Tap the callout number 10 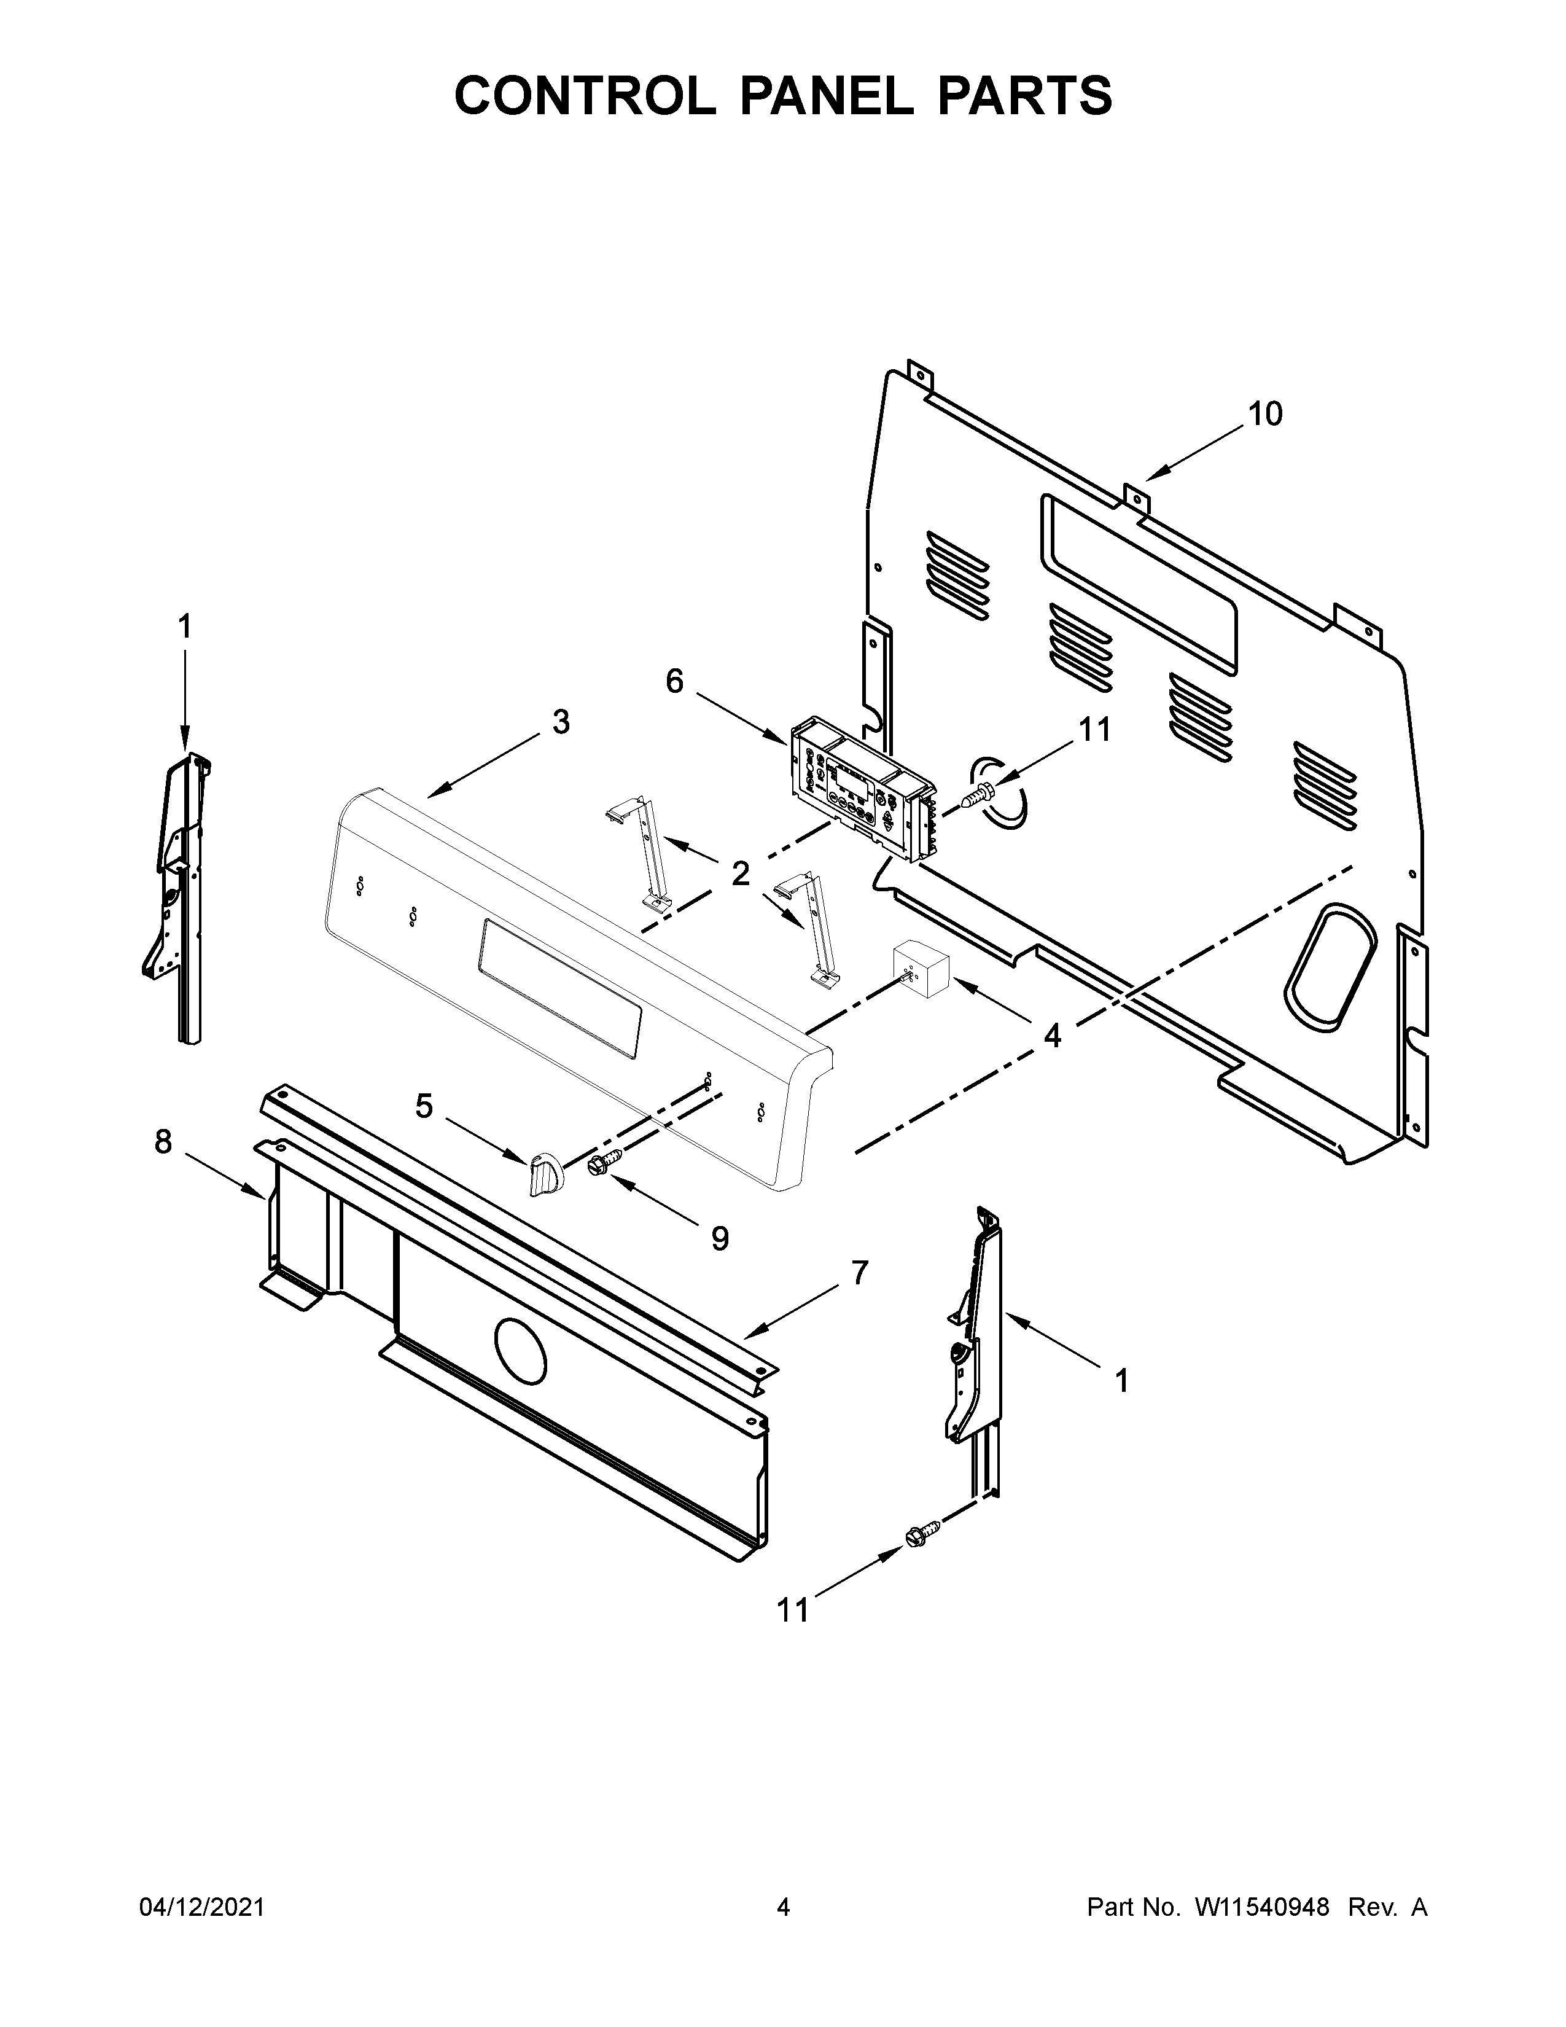[x=1264, y=414]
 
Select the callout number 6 [x=674, y=682]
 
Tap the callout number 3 [x=561, y=722]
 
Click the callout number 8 [x=163, y=1142]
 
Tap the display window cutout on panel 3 [x=559, y=988]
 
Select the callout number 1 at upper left [x=185, y=627]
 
